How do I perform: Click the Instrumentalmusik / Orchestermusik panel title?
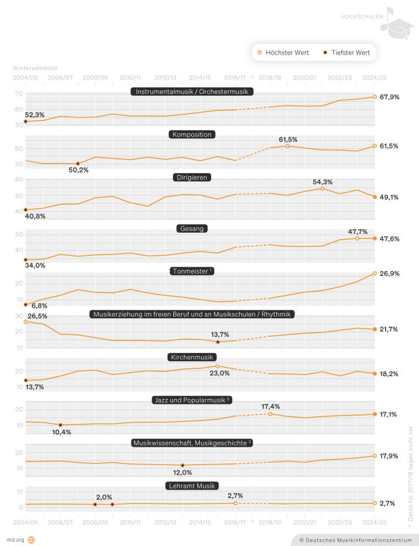point(192,91)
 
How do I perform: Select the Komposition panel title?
point(192,134)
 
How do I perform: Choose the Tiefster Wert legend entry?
point(346,53)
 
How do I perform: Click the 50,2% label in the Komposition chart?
point(78,171)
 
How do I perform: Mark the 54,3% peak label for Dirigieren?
point(323,182)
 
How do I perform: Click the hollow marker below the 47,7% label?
point(357,238)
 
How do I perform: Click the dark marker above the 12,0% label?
point(182,465)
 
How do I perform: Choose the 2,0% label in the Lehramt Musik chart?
point(104,497)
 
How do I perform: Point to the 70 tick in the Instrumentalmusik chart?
point(19,94)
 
